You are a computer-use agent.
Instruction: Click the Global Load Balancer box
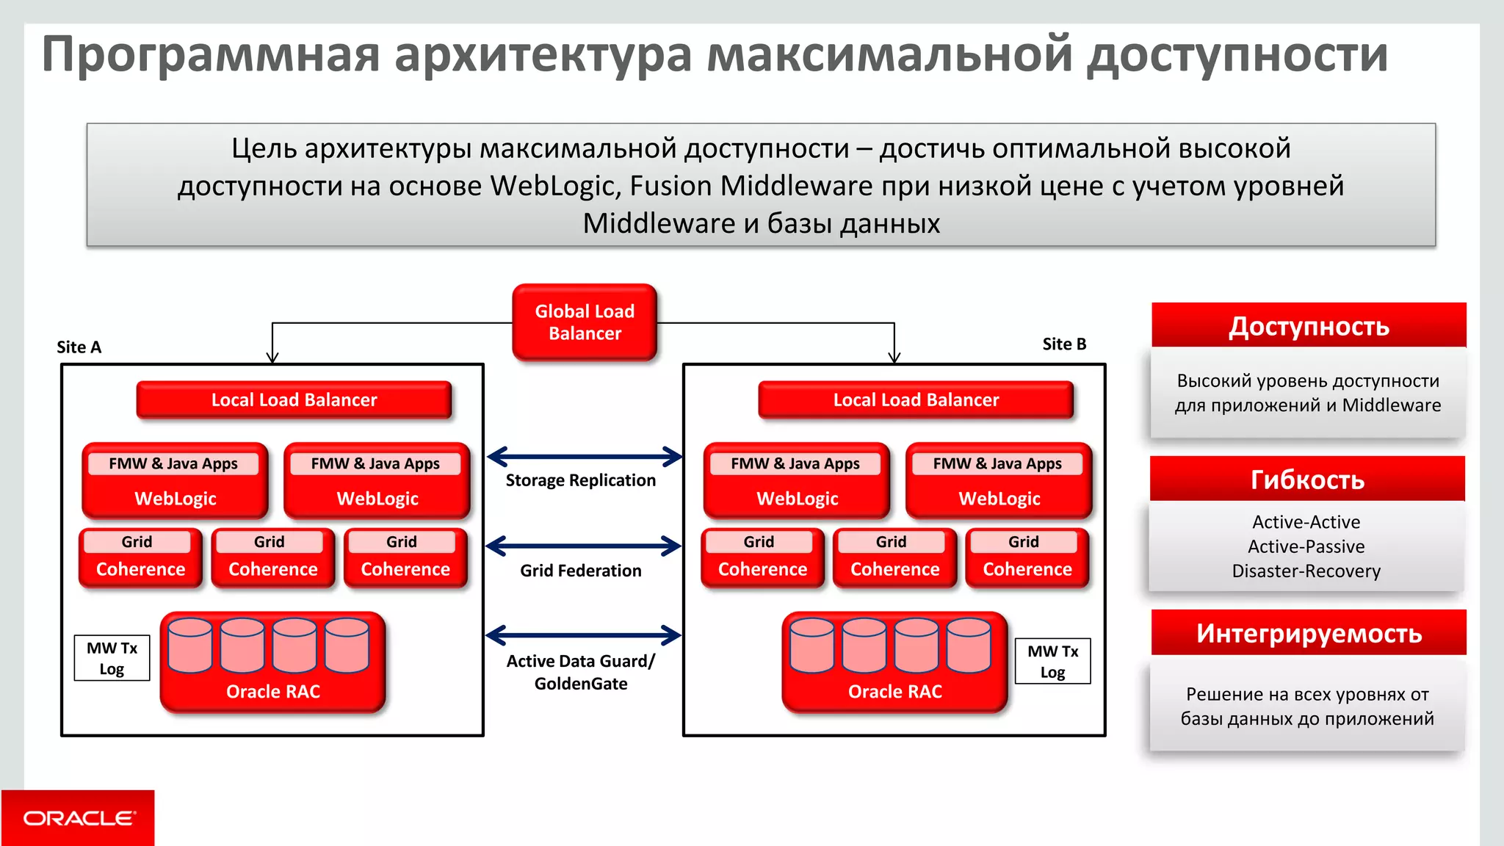[x=585, y=322]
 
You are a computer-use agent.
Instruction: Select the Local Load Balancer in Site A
[x=294, y=400]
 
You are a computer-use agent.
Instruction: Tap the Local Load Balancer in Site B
[x=916, y=400]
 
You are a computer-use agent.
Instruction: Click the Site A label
[x=79, y=347]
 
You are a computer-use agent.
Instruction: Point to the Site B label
[x=1064, y=344]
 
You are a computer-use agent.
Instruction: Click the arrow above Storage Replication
[x=585, y=457]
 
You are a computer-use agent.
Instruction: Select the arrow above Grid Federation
[x=585, y=546]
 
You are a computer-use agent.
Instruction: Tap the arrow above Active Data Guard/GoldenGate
[x=585, y=635]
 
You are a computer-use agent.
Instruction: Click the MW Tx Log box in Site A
[x=112, y=659]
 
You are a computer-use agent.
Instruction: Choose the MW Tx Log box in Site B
[x=1052, y=662]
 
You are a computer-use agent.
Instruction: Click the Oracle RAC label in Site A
[x=273, y=692]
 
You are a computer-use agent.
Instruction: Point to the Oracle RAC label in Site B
[x=894, y=692]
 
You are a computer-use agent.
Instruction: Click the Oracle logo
[x=79, y=818]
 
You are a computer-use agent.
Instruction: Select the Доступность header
[x=1309, y=326]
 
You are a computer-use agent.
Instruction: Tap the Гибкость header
[x=1307, y=480]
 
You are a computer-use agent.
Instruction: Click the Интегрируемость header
[x=1309, y=633]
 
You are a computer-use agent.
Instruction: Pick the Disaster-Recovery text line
[x=1306, y=571]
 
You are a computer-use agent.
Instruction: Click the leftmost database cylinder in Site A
[x=190, y=646]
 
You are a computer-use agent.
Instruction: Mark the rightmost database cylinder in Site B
[x=969, y=646]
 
